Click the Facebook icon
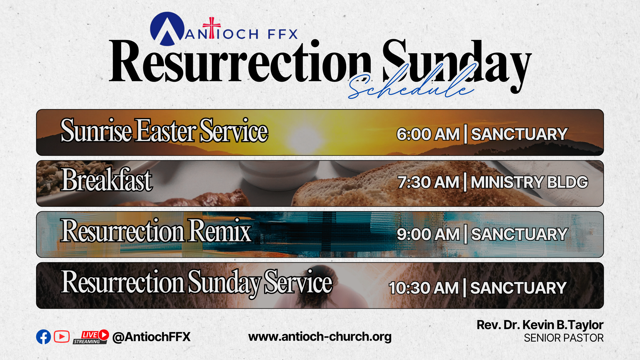pyautogui.click(x=43, y=337)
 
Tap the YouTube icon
pyautogui.click(x=62, y=337)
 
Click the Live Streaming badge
pyautogui.click(x=91, y=337)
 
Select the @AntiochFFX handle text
pyautogui.click(x=151, y=337)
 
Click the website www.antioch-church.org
pyautogui.click(x=320, y=337)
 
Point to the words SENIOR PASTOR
pyautogui.click(x=564, y=338)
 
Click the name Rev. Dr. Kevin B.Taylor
pyautogui.click(x=540, y=325)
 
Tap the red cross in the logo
pyautogui.click(x=212, y=28)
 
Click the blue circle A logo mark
pyautogui.click(x=167, y=29)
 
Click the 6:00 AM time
pyautogui.click(x=428, y=134)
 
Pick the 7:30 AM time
pyautogui.click(x=428, y=182)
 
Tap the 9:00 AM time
pyautogui.click(x=428, y=234)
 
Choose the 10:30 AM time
pyautogui.click(x=424, y=288)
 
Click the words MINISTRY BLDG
pyautogui.click(x=529, y=182)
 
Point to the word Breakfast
pyautogui.click(x=107, y=180)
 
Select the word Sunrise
pyautogui.click(x=97, y=131)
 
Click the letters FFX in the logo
pyautogui.click(x=282, y=34)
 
